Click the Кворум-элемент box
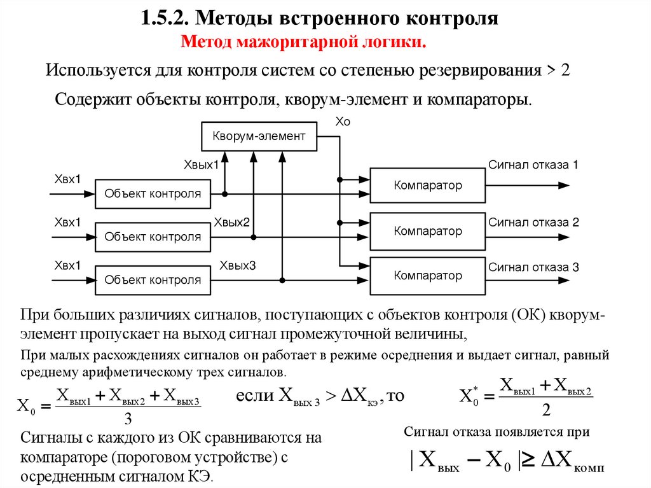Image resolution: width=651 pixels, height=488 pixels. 259,136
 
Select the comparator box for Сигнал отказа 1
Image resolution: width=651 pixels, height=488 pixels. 427,186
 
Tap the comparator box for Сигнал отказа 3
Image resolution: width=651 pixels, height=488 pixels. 427,275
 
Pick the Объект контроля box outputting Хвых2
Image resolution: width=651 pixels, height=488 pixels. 153,237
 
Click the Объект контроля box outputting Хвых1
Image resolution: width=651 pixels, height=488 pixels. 153,194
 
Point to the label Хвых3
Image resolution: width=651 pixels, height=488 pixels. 237,265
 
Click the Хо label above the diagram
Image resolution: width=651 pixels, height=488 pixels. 343,122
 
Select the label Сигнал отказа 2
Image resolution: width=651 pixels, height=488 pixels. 533,223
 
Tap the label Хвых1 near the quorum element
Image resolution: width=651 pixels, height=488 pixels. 201,165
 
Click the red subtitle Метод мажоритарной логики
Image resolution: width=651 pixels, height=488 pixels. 303,43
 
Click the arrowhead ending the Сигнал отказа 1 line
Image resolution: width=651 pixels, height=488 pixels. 563,186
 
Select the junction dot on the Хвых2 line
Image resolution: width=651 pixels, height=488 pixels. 254,237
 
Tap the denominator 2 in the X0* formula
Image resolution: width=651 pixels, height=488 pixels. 546,408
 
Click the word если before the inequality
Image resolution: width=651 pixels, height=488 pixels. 255,396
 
